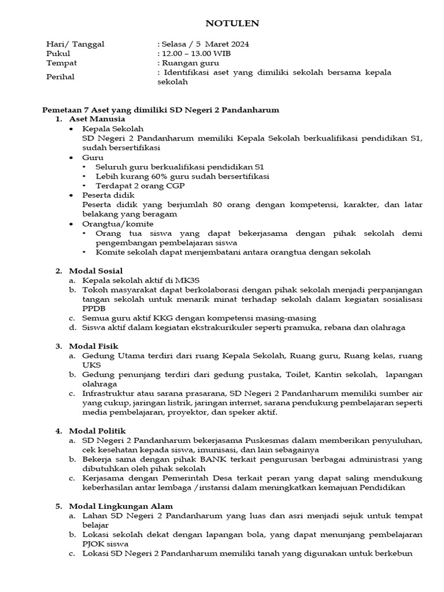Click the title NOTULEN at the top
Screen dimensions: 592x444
(233, 24)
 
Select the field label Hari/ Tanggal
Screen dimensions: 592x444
(75, 44)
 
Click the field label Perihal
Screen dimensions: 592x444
(60, 77)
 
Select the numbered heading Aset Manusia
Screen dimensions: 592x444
(93, 119)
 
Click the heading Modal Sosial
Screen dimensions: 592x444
(95, 271)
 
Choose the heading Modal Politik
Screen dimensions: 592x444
(97, 431)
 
